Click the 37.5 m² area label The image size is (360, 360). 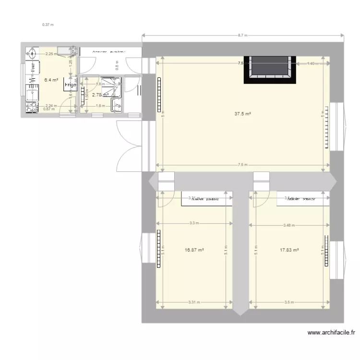tap(243, 114)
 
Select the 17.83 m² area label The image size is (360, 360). tap(289, 250)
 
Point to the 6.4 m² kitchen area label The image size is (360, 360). tap(51, 80)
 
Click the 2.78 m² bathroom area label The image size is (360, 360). tap(100, 95)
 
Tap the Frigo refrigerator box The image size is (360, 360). tap(70, 85)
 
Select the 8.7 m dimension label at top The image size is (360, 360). tap(243, 36)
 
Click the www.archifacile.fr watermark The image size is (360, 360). tap(331, 332)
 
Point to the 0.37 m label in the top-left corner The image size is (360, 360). tap(48, 24)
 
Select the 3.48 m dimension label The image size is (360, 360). tap(288, 225)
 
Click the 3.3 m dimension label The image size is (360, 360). tap(194, 223)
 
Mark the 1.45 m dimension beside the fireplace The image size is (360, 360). tap(312, 63)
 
